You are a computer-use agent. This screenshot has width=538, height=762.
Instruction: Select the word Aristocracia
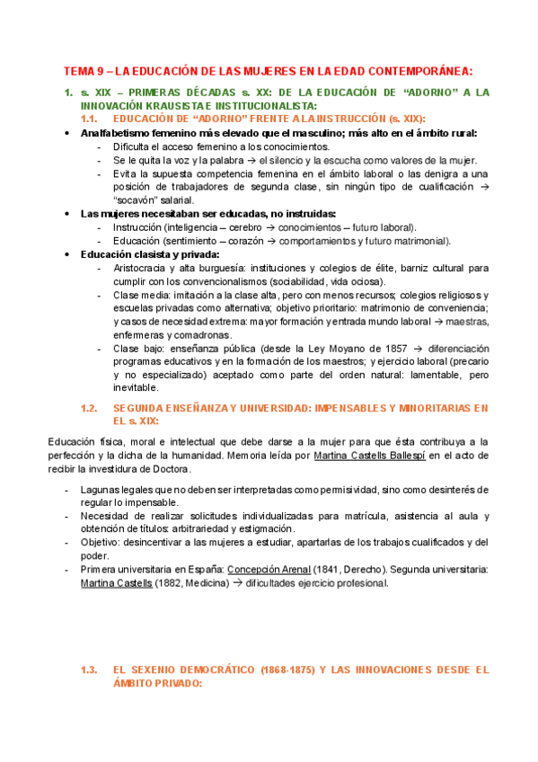(x=143, y=268)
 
